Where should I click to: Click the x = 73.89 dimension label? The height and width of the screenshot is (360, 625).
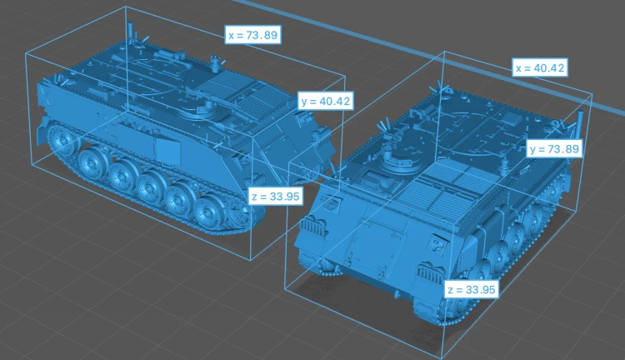253,35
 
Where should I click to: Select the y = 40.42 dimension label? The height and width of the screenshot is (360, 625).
326,101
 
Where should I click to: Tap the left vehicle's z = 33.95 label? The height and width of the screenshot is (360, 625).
276,196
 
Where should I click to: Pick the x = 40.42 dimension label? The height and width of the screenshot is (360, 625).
540,67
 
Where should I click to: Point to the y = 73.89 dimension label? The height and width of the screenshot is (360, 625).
554,148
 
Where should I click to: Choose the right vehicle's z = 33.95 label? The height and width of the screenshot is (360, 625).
472,289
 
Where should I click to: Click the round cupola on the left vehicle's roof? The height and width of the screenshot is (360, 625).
198,111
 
